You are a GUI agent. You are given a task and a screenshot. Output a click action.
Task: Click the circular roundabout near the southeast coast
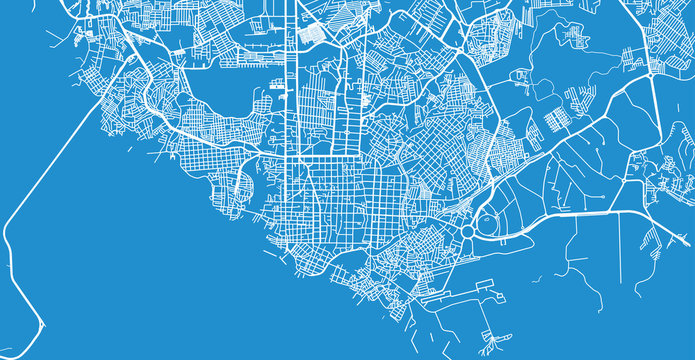(x=468, y=232)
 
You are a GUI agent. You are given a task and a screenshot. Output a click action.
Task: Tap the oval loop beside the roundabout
(x=493, y=225)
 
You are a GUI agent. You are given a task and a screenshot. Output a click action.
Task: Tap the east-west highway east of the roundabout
(x=580, y=213)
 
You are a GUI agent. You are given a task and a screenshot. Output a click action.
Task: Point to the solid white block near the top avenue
(x=314, y=32)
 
